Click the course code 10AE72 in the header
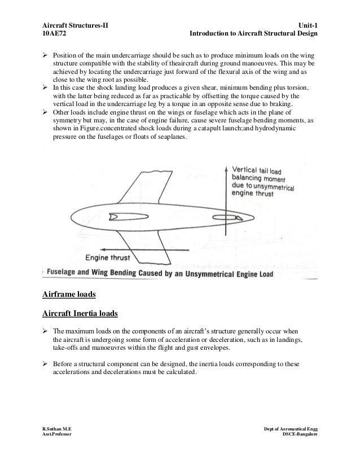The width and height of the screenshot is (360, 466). click(55, 34)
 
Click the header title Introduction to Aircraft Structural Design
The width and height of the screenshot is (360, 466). click(254, 34)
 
